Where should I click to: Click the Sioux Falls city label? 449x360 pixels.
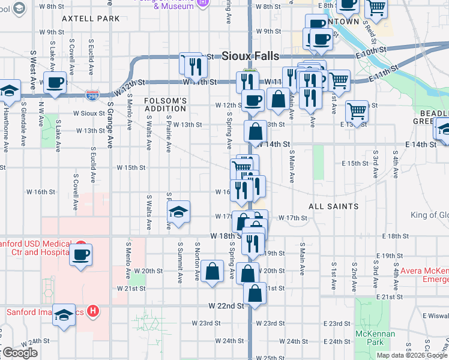[x=250, y=56]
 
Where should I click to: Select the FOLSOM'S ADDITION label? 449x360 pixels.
[x=166, y=105]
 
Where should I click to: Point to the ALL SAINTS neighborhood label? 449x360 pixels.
[x=334, y=206]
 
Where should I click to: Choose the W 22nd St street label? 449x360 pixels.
[x=226, y=305]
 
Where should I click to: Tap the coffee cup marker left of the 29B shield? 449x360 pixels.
[x=55, y=83]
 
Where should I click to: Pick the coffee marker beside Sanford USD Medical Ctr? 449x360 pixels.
[x=80, y=254]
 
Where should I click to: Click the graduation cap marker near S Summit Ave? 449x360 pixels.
[x=178, y=212]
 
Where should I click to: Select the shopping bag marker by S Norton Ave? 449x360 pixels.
[x=212, y=271]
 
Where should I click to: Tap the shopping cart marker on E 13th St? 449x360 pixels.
[x=357, y=110]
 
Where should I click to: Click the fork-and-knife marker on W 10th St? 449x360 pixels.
[x=191, y=64]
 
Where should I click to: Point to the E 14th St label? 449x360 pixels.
[x=420, y=145]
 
